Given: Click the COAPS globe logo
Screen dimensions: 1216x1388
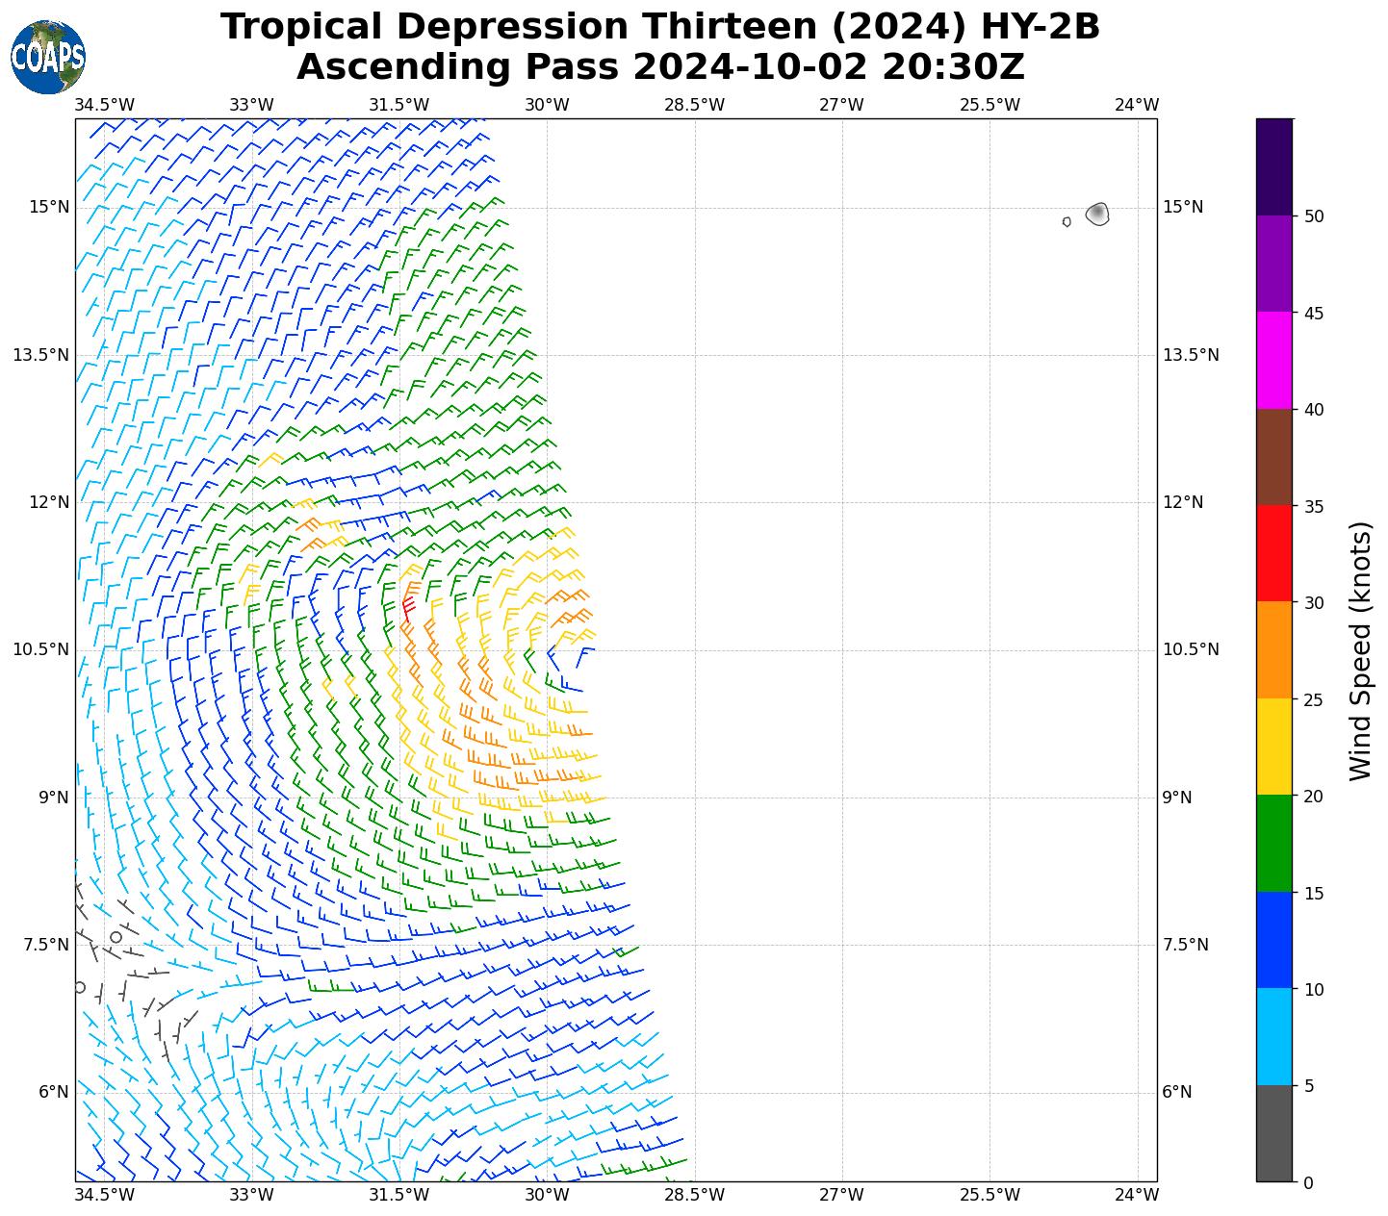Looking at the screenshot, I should pyautogui.click(x=48, y=57).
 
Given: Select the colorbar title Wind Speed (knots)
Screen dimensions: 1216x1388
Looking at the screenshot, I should pyautogui.click(x=1359, y=650).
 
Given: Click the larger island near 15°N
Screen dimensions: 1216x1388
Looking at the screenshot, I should pyautogui.click(x=1097, y=214).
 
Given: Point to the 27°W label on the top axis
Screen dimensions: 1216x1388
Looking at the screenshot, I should pyautogui.click(x=841, y=105).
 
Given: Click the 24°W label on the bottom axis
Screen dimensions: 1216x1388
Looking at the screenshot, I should pyautogui.click(x=1137, y=1196).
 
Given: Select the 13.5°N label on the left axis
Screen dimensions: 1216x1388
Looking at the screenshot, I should pyautogui.click(x=40, y=355).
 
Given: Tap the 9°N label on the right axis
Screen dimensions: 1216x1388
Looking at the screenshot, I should pyautogui.click(x=1177, y=798).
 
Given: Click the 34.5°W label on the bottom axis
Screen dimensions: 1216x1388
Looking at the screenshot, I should pyautogui.click(x=104, y=1196).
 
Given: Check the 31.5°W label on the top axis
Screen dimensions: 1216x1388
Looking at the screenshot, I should pyautogui.click(x=398, y=105).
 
